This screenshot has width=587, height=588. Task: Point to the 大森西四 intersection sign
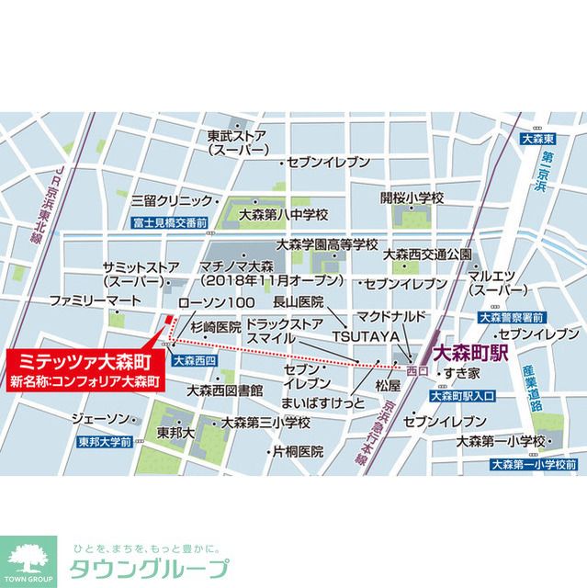coord(193,361)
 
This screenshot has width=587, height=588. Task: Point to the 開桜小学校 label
coord(412,197)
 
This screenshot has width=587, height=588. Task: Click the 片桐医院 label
coord(294,451)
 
